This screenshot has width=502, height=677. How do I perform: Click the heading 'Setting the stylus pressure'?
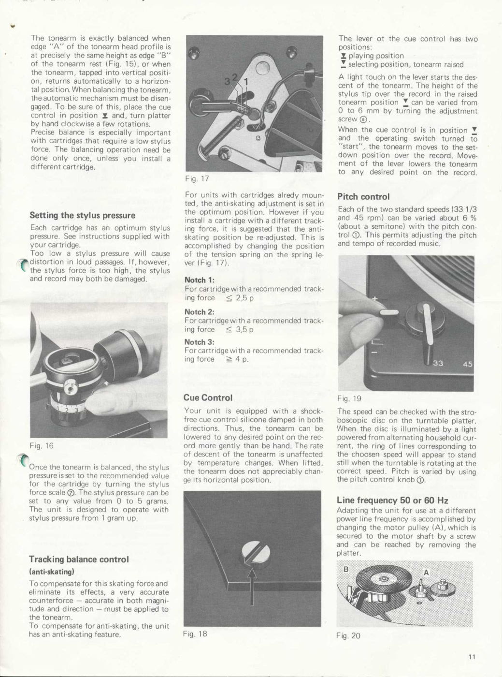coord(82,215)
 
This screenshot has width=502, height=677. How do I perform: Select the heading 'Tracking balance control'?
coord(79,559)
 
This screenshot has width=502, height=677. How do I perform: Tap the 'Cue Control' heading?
coord(208,397)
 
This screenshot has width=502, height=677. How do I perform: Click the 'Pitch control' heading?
coord(363,196)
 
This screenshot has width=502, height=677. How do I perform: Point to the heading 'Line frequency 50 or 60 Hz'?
coord(392,500)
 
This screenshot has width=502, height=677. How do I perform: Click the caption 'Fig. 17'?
coord(197,178)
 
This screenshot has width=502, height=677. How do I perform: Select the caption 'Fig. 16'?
coord(42,445)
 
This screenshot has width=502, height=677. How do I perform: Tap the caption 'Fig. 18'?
coord(195,633)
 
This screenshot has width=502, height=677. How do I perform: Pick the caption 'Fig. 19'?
coord(349,398)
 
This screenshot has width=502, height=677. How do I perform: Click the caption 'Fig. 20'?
coord(348,635)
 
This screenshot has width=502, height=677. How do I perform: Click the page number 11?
coord(472,656)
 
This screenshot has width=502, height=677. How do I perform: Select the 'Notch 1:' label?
coord(199,280)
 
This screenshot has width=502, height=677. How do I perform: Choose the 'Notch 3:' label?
coord(199,342)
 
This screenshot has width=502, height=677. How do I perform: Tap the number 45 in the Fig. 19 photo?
coord(467,364)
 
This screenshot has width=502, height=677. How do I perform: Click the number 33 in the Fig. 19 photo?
coord(438,363)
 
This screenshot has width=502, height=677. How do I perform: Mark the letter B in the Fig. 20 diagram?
coord(346,569)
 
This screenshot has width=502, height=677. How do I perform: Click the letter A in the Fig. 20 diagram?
coord(426,573)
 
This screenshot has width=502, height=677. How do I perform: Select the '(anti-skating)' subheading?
coord(51,572)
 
